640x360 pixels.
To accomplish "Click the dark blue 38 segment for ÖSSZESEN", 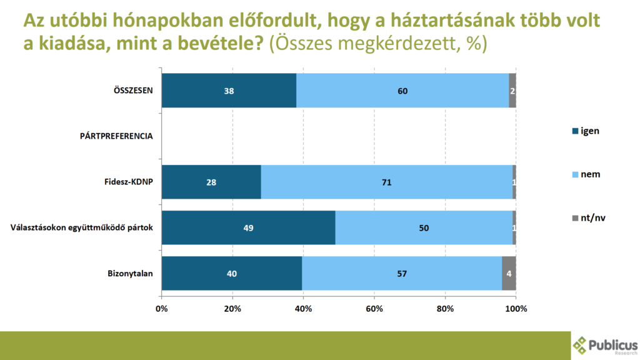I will pyautogui.click(x=229, y=91).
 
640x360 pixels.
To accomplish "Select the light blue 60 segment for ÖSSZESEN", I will pyautogui.click(x=402, y=91).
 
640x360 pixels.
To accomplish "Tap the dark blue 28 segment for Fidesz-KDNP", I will pyautogui.click(x=211, y=182).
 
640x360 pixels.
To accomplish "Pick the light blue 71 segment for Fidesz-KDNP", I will pyautogui.click(x=387, y=182).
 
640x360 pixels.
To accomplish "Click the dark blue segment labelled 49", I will pyautogui.click(x=248, y=227).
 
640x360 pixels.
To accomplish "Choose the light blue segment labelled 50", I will pyautogui.click(x=424, y=227).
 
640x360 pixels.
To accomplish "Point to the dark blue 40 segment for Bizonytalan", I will pyautogui.click(x=232, y=273).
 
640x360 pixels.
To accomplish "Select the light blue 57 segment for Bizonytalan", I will pyautogui.click(x=402, y=273).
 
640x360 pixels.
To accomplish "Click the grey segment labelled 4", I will pyautogui.click(x=509, y=273).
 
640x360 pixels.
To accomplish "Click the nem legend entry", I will pyautogui.click(x=586, y=174).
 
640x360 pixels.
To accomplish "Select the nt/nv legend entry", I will pyautogui.click(x=588, y=217).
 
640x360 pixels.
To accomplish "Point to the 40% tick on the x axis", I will pyautogui.click(x=303, y=309).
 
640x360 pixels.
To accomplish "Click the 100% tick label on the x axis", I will pyautogui.click(x=516, y=309).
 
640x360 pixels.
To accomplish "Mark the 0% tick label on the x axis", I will pyautogui.click(x=161, y=309).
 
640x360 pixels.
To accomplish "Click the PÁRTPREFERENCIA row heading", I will pyautogui.click(x=117, y=136).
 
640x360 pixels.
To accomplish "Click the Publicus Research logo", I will pyautogui.click(x=604, y=346).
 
